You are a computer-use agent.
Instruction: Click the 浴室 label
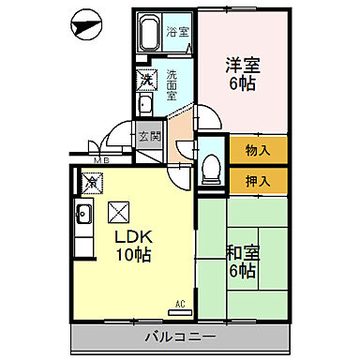point(177,32)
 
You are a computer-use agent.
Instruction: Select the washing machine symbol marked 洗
point(148,81)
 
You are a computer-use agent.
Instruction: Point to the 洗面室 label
point(172,85)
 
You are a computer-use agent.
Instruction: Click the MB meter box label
point(100,160)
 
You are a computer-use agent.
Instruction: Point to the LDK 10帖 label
point(133,245)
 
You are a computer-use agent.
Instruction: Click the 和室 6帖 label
point(242,262)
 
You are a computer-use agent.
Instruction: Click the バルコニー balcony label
point(181,336)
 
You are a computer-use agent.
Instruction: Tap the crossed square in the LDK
point(119,212)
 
